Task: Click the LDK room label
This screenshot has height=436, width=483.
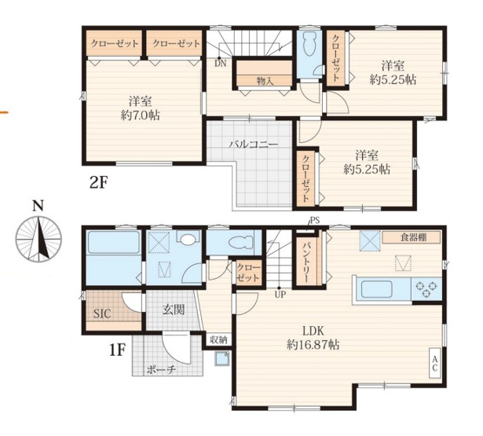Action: pos(313,332)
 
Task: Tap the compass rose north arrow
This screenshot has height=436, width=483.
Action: pos(38,239)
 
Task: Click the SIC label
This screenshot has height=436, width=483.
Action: pos(102,314)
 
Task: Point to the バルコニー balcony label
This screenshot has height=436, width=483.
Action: pos(254,144)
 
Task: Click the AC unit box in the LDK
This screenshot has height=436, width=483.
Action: pos(435,363)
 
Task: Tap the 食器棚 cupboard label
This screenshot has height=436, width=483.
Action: pos(413,237)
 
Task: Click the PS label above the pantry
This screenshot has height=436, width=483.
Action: pos(315,220)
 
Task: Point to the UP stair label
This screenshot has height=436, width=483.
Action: pos(280,295)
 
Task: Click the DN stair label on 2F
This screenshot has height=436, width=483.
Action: pos(221,64)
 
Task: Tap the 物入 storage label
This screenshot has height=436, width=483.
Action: pos(265,81)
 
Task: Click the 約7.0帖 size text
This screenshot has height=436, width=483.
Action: pos(140,115)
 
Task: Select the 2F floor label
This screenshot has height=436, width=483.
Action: pos(99,183)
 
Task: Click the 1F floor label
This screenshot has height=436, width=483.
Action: pos(117,350)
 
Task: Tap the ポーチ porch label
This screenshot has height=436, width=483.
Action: pos(161,369)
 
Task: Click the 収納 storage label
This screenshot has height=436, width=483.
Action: pos(218,340)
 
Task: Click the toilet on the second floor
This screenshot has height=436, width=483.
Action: pos(309,44)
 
